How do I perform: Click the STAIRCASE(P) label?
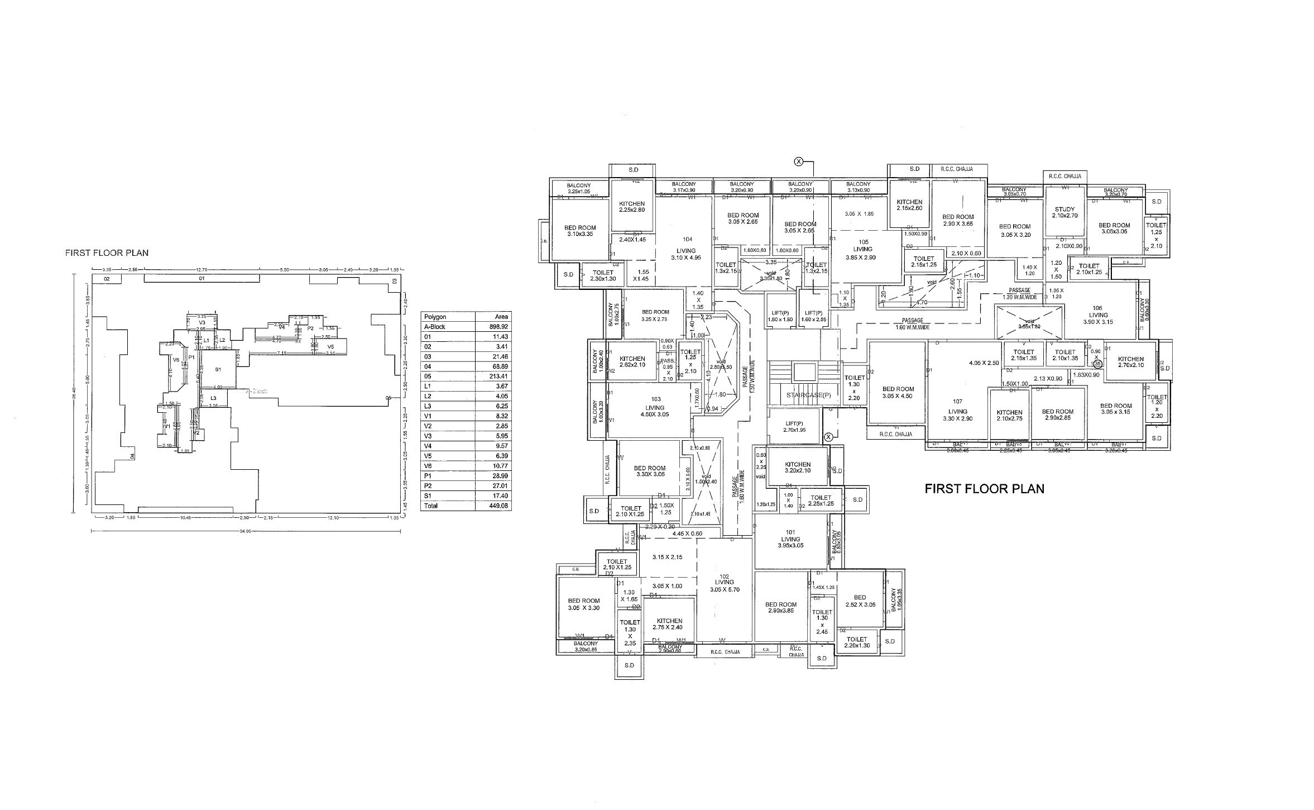coord(808,395)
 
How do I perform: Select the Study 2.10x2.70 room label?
coord(1064,212)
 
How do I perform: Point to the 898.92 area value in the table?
coord(498,327)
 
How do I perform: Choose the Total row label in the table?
coord(431,506)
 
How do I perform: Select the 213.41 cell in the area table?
coord(498,376)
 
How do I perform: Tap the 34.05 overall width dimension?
coord(246,531)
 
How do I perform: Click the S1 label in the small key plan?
coord(218,370)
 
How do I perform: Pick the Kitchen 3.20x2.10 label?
coord(798,468)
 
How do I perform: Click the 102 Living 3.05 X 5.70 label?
coord(725,583)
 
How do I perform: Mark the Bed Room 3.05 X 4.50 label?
coord(898,392)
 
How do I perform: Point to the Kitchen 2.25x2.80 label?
coord(632,207)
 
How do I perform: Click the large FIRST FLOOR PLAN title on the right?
coord(984,489)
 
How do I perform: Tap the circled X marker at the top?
coord(799,162)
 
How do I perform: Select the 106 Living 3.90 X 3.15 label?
coord(1098,315)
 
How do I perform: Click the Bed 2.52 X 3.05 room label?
coord(860,601)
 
